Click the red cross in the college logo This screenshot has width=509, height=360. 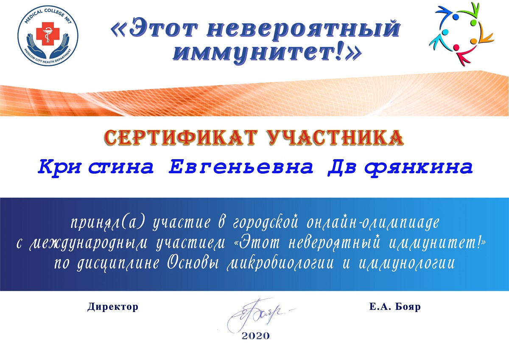pyautogui.click(x=48, y=34)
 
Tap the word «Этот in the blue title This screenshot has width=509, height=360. pyautogui.click(x=154, y=29)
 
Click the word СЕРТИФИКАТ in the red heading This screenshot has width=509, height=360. pyautogui.click(x=181, y=138)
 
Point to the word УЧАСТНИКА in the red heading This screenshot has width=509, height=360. pyautogui.click(x=335, y=138)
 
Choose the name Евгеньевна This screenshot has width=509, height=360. pyautogui.click(x=241, y=168)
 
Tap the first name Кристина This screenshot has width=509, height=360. pyautogui.click(x=96, y=168)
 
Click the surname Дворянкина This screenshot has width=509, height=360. pyautogui.click(x=400, y=168)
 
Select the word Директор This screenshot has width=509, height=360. pyautogui.click(x=113, y=307)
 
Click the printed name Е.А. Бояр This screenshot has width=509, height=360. pyautogui.click(x=395, y=307)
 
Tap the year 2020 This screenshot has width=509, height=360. pyautogui.click(x=256, y=336)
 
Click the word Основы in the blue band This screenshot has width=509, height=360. pyautogui.click(x=193, y=264)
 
